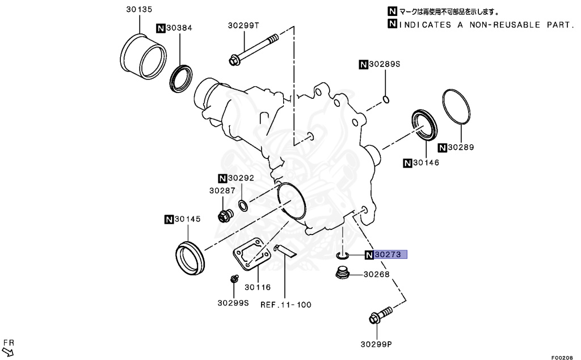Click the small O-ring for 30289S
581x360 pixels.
[386, 100]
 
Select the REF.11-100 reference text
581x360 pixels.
[286, 304]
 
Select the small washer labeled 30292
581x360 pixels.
[242, 204]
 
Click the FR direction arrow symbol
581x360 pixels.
[8, 352]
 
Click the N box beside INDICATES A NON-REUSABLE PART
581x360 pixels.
[392, 24]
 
